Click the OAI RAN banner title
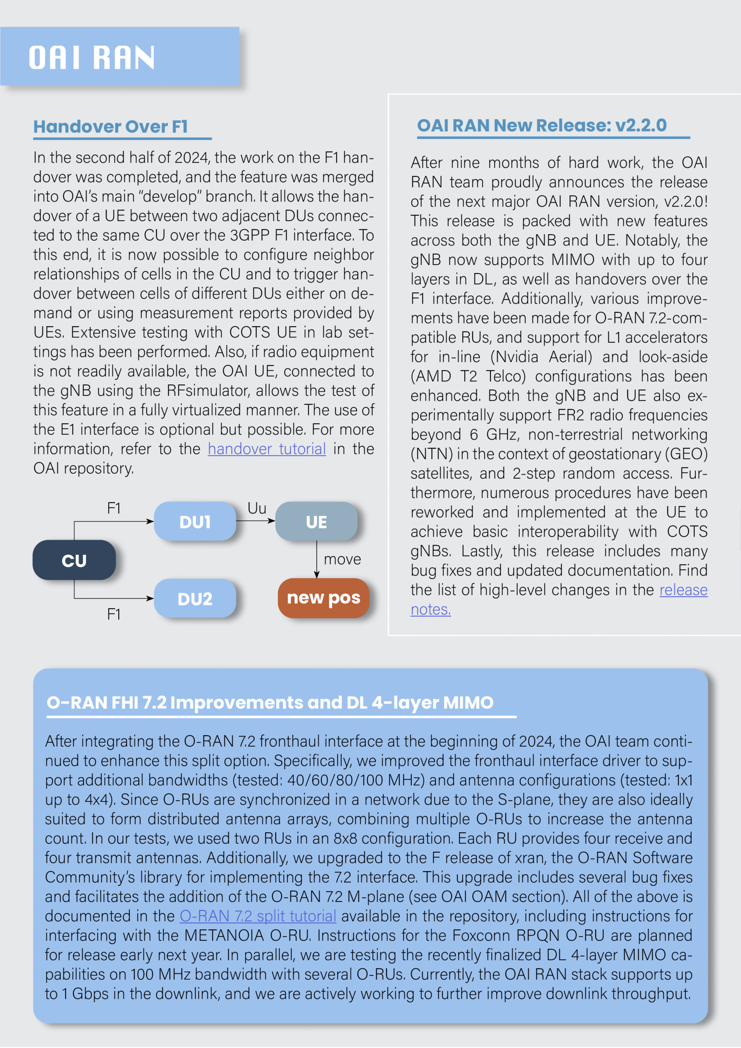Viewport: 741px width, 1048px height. click(x=92, y=57)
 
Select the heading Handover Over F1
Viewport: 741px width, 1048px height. click(x=111, y=127)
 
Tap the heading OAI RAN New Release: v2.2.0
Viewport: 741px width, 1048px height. click(x=542, y=126)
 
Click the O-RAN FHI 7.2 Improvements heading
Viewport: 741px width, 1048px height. click(x=270, y=702)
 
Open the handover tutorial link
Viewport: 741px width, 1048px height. click(x=267, y=449)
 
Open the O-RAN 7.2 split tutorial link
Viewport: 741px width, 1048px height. click(x=258, y=916)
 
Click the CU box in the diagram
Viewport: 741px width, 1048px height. click(x=74, y=560)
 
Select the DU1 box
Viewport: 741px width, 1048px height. click(x=195, y=522)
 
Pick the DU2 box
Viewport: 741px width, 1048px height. click(x=195, y=599)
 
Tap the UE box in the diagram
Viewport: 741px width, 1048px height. click(x=316, y=522)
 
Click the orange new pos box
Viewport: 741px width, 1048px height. click(x=323, y=598)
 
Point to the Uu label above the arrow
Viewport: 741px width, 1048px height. click(x=257, y=508)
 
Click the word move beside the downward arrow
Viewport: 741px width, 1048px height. click(x=342, y=560)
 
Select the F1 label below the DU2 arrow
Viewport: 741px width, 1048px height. click(x=114, y=614)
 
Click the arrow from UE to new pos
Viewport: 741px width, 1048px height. click(x=317, y=559)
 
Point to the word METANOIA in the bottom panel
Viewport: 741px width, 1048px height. click(x=224, y=936)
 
